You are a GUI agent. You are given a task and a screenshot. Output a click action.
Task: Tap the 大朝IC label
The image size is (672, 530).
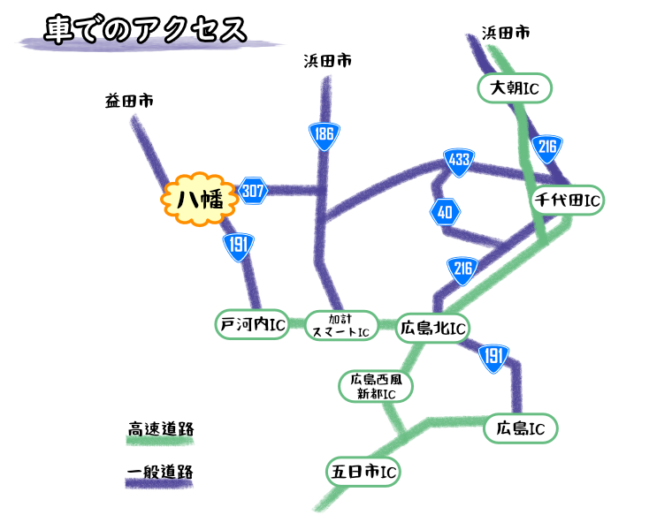pos(515,88)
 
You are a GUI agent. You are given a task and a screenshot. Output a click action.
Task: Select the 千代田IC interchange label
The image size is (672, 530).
pos(567,201)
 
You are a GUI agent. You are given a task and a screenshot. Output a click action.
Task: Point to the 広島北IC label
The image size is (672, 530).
pos(432,329)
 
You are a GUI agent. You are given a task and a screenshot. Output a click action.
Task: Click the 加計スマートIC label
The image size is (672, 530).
pos(341,325)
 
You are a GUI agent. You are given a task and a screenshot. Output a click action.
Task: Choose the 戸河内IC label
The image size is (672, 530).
pos(252,324)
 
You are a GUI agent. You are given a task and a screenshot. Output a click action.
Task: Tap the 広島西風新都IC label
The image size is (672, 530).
pos(376,386)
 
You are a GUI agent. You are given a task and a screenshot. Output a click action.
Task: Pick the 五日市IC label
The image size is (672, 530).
pos(363,471)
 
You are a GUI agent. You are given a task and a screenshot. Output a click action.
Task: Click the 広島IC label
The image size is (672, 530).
pos(520,428)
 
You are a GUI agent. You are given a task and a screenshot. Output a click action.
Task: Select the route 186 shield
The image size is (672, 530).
pos(324,135)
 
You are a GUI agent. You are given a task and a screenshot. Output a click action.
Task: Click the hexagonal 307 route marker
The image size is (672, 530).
pos(253,190)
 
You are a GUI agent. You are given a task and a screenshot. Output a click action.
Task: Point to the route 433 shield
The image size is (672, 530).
pos(459,161)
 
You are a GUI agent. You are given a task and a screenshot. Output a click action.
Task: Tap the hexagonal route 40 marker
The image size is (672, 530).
pos(445,212)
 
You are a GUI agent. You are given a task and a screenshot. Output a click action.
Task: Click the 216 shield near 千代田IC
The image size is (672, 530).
pos(547,148)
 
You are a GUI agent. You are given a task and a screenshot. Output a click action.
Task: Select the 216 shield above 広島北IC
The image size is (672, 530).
pos(462,269)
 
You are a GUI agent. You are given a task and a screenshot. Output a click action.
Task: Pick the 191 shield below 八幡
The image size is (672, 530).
pos(238,246)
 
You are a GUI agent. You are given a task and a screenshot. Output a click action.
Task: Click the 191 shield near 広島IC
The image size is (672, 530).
pos(493,356)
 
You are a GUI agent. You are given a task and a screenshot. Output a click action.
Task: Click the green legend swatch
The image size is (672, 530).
pos(159,440)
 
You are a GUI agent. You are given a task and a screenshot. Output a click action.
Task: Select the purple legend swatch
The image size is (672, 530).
pos(159,483)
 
